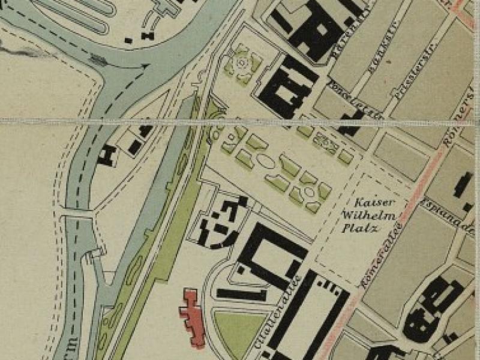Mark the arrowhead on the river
[144, 67]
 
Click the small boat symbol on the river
[97, 59]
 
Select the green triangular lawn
[239, 334]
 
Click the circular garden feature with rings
[242, 62]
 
